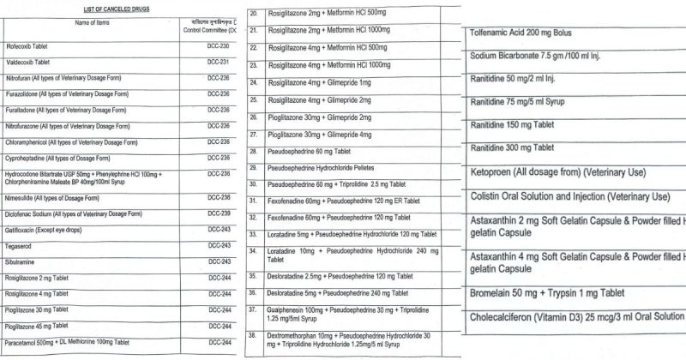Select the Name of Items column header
85,22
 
